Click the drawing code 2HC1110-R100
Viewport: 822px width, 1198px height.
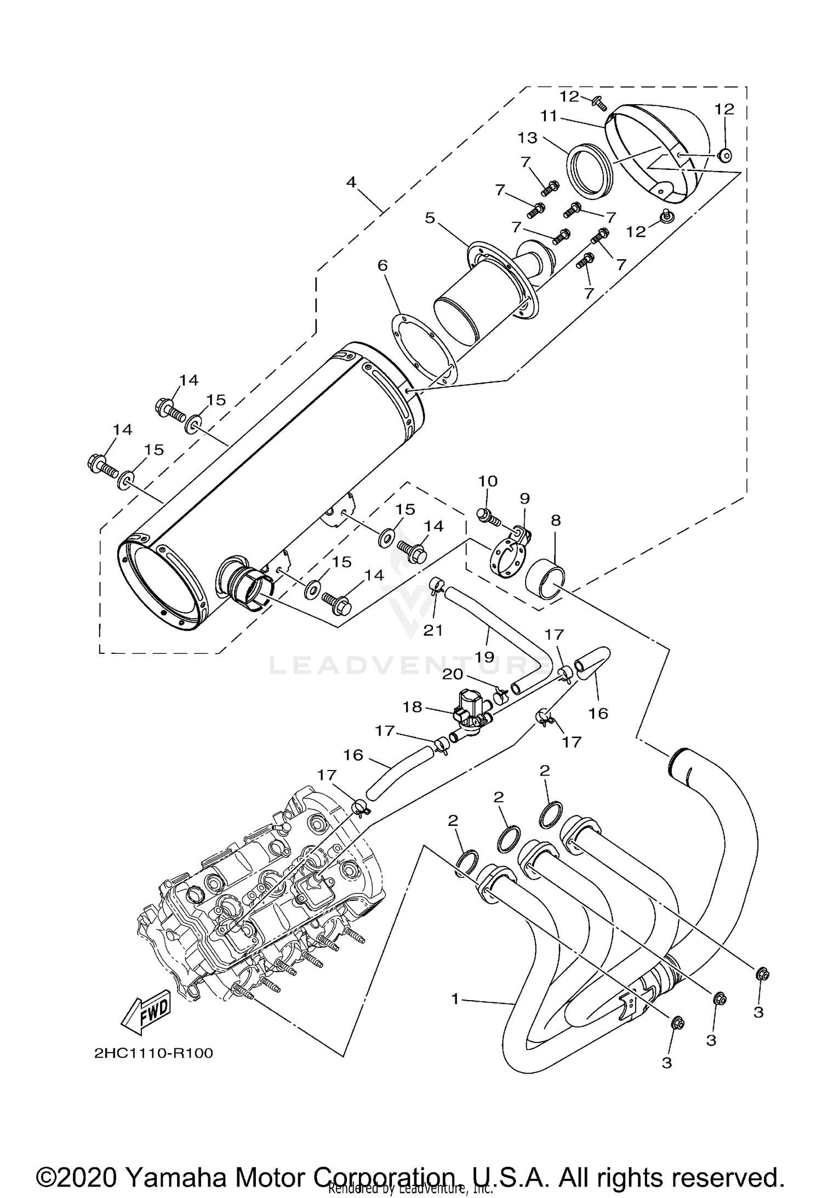point(153,1053)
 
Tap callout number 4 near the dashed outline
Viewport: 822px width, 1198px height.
point(351,182)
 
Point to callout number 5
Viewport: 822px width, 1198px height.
point(430,218)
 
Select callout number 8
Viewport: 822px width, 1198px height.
point(556,520)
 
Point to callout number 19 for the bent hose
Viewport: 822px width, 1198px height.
point(485,656)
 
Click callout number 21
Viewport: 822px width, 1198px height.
point(433,630)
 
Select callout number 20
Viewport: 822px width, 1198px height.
point(453,674)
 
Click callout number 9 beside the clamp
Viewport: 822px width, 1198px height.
point(524,498)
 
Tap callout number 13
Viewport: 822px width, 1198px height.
point(528,138)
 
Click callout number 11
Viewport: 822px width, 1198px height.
point(548,116)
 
